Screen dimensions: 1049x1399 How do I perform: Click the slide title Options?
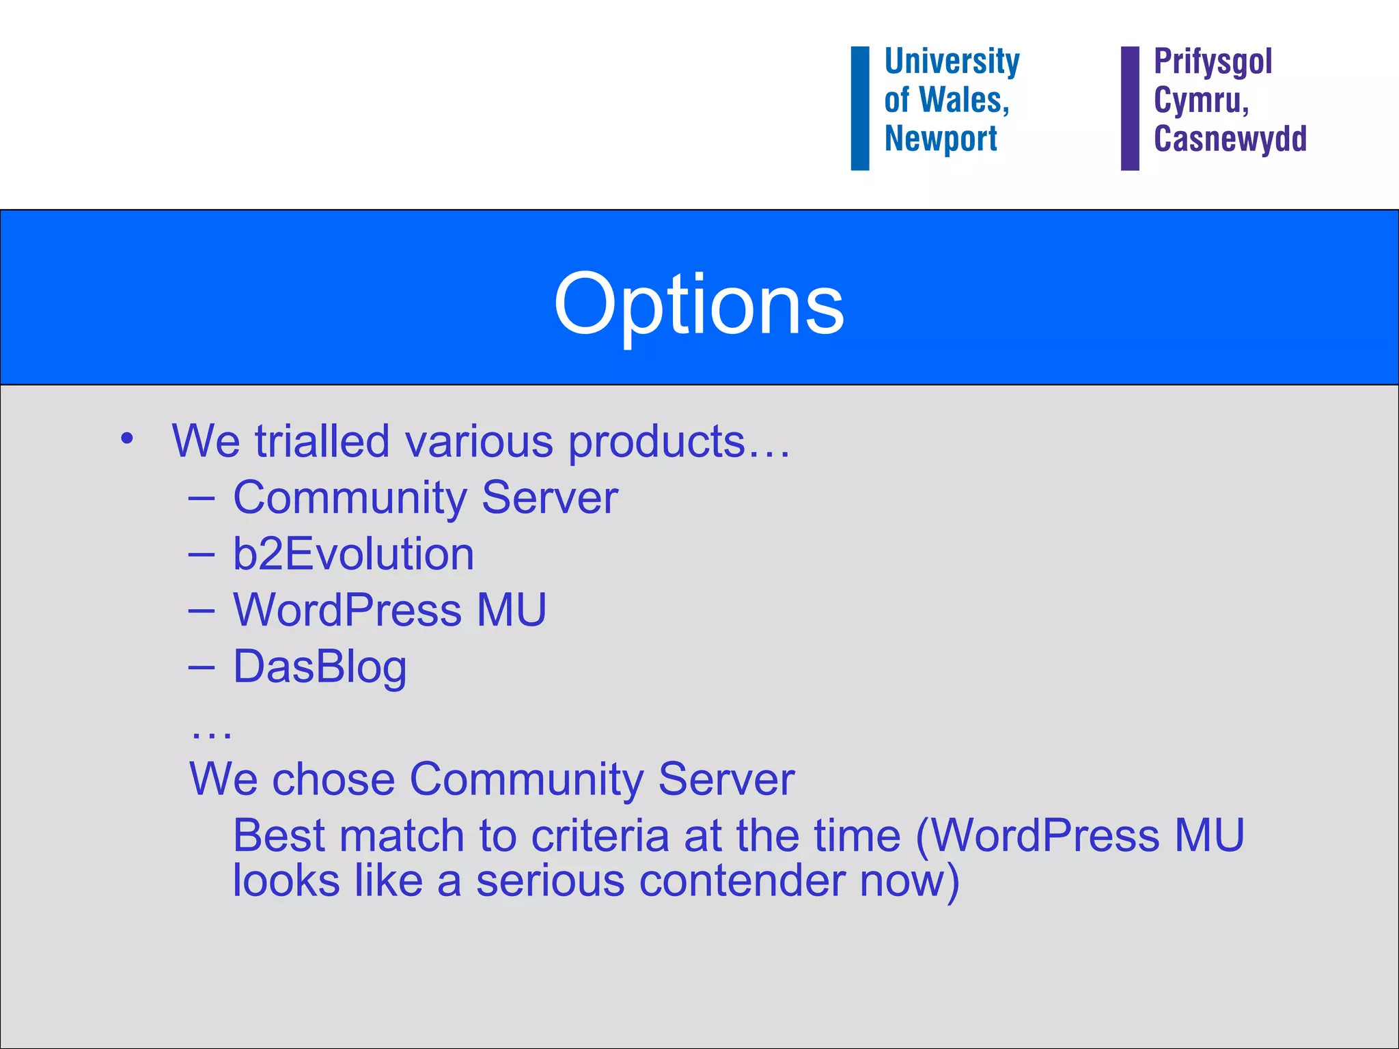pos(699,304)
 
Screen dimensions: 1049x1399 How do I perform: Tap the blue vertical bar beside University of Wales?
pos(859,108)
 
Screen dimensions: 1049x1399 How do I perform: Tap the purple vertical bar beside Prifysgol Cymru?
pos(1130,108)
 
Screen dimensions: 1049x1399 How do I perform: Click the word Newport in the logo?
pos(941,139)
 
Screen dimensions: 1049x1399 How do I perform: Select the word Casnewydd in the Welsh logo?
pos(1230,139)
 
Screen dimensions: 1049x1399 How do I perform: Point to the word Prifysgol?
pos(1213,62)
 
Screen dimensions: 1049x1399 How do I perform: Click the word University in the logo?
pos(952,61)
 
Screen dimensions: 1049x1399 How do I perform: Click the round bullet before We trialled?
pos(126,438)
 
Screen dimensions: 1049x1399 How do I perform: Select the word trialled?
pos(322,441)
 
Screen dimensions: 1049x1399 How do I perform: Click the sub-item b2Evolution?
pos(353,553)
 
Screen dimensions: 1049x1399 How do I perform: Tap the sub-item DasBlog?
pos(320,667)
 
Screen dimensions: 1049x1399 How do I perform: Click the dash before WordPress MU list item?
pos(202,610)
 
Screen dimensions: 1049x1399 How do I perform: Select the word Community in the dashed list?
pos(349,499)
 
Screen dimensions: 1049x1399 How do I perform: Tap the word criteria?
pos(600,836)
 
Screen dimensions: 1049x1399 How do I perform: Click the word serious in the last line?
pos(550,881)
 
